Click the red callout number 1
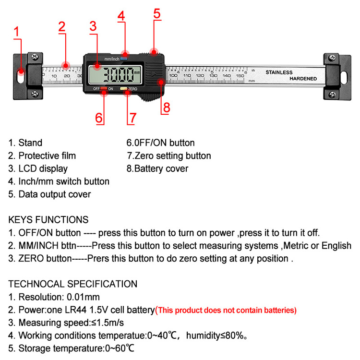(x=16, y=33)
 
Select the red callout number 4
(x=121, y=15)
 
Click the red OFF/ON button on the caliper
(x=104, y=89)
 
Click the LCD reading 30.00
(x=119, y=75)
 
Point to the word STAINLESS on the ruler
(x=279, y=72)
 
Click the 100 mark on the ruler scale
(x=173, y=76)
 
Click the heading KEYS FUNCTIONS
(x=48, y=220)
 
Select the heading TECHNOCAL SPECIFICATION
(x=73, y=284)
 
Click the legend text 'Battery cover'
(x=161, y=168)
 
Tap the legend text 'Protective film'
(x=47, y=156)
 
